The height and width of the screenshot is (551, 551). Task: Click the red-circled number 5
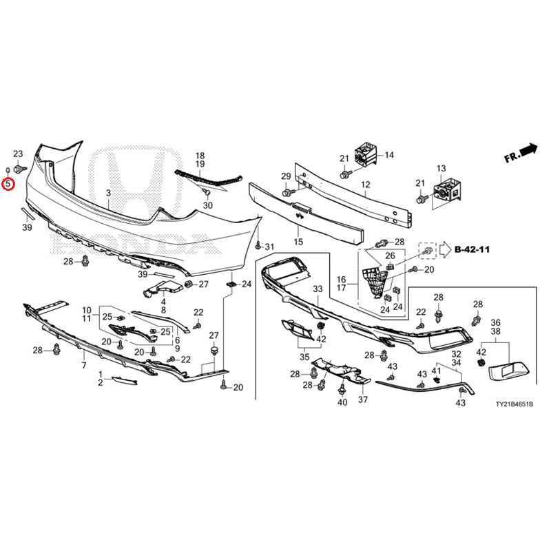click(8, 183)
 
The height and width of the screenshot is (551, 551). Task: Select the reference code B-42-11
click(472, 249)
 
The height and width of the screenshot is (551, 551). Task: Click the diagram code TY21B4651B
click(514, 404)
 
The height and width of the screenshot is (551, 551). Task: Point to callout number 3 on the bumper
click(109, 193)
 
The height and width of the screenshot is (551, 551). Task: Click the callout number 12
click(366, 184)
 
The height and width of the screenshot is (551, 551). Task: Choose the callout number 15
click(298, 242)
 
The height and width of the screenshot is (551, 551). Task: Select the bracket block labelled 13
click(447, 191)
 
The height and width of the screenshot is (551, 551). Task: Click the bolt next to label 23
click(20, 169)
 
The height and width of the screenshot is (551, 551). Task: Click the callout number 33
click(318, 289)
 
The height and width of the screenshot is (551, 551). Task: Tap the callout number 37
click(363, 399)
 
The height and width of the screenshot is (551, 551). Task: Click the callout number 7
click(84, 366)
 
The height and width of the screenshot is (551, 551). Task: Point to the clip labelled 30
click(207, 192)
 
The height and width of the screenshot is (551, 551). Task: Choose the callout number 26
click(390, 256)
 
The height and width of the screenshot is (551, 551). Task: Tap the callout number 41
click(436, 371)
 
